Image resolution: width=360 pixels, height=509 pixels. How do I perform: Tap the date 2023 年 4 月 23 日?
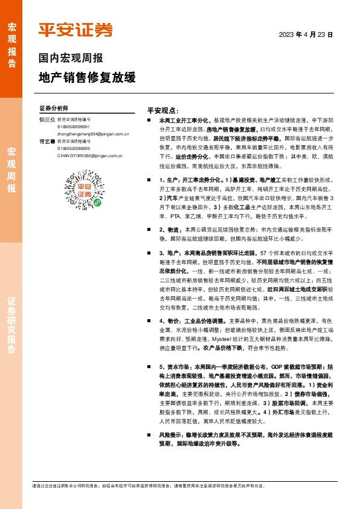306,35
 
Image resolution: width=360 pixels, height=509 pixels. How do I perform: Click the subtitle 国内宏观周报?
71,59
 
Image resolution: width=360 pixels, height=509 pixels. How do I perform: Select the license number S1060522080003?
73,148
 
